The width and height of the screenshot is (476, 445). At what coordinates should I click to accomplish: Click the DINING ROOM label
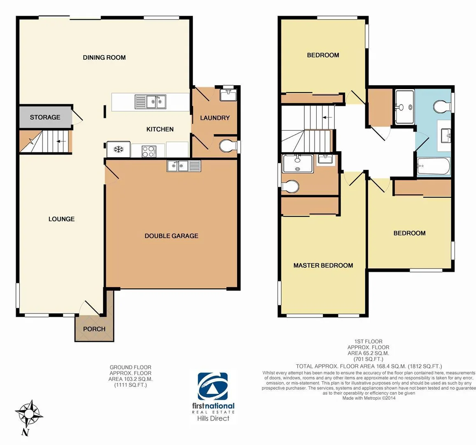pyautogui.click(x=104, y=57)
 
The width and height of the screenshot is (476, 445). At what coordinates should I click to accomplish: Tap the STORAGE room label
pyautogui.click(x=45, y=117)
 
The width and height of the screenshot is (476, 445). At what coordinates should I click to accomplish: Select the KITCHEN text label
pyautogui.click(x=160, y=129)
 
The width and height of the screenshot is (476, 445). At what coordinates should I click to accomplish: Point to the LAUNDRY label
pyautogui.click(x=215, y=118)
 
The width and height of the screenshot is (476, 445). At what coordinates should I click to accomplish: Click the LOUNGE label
pyautogui.click(x=61, y=219)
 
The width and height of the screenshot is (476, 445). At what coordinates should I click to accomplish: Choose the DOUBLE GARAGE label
pyautogui.click(x=171, y=236)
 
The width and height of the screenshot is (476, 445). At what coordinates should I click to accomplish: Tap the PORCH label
pyautogui.click(x=94, y=329)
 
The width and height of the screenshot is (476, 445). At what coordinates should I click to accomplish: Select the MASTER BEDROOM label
pyautogui.click(x=323, y=266)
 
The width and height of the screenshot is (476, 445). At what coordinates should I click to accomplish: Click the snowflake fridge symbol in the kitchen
pyautogui.click(x=119, y=149)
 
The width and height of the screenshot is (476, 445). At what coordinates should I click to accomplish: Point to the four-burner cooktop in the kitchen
pyautogui.click(x=149, y=151)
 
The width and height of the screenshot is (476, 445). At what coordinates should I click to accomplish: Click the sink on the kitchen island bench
pyautogui.click(x=151, y=101)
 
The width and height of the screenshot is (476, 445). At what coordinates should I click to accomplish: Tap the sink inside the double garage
pyautogui.click(x=184, y=166)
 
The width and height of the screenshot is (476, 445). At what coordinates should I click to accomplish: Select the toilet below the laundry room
pyautogui.click(x=226, y=146)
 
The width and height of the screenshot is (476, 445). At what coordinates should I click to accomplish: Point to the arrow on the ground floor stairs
pyautogui.click(x=61, y=141)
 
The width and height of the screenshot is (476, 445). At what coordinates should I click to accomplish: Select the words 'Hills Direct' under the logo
pyautogui.click(x=213, y=418)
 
